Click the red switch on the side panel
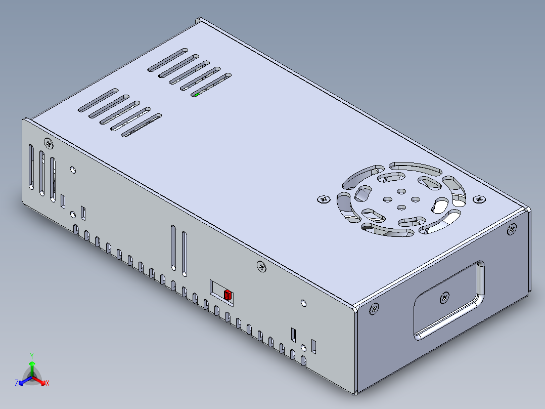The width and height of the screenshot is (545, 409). [x=228, y=295]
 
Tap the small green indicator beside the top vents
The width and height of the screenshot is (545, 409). [x=197, y=94]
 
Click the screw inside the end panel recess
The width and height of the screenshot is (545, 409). [x=444, y=298]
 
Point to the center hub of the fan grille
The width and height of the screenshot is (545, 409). [x=400, y=199]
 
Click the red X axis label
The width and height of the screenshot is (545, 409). [x=48, y=384]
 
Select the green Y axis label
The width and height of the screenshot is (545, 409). [x=32, y=355]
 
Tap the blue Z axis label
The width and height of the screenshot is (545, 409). [x=17, y=383]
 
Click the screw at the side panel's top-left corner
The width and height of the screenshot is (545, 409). [x=49, y=143]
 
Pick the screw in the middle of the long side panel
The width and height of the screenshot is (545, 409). [x=261, y=266]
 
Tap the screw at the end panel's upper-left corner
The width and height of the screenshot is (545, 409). [x=374, y=308]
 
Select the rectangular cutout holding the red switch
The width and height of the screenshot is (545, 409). [x=222, y=292]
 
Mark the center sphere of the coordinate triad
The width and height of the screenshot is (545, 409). [x=32, y=377]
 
